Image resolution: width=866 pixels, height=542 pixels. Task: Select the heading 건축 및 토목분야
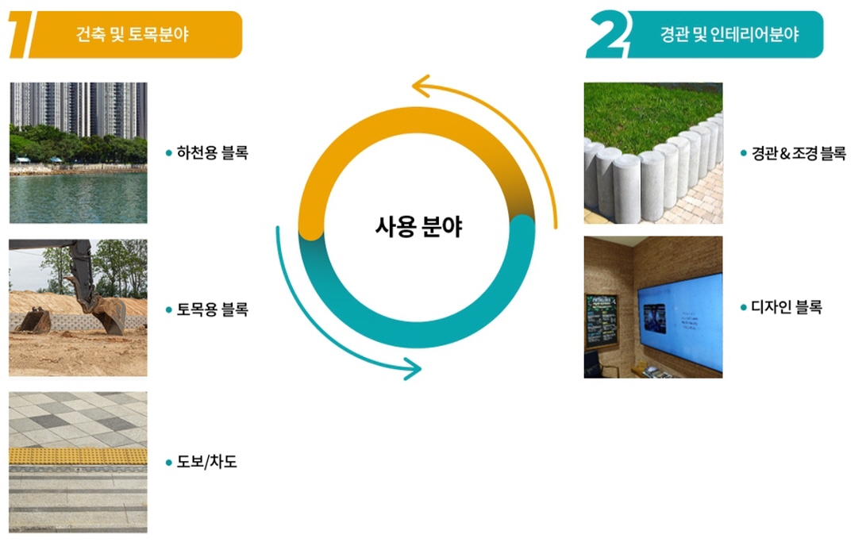(x=132, y=35)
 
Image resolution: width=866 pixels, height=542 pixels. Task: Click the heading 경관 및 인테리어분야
(x=729, y=35)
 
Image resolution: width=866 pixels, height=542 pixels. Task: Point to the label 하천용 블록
(x=212, y=152)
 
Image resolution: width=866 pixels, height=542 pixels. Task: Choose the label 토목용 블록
(x=212, y=309)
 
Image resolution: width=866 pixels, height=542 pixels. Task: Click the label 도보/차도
(x=206, y=461)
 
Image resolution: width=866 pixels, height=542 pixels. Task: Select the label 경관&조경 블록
(x=798, y=153)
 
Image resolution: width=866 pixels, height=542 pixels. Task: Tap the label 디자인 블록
(x=787, y=307)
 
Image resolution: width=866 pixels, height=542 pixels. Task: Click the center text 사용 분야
(x=418, y=226)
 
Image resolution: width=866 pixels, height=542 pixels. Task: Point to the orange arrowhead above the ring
(x=421, y=86)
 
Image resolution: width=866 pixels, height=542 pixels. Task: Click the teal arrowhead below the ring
(x=412, y=368)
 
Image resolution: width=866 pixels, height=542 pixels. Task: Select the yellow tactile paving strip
(x=78, y=456)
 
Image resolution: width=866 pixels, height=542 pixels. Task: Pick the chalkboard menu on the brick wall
(x=602, y=321)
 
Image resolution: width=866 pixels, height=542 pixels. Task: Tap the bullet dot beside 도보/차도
(x=169, y=463)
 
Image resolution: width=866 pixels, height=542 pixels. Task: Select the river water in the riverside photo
(x=78, y=197)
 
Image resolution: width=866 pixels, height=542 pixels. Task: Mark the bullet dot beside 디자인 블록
(x=744, y=307)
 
